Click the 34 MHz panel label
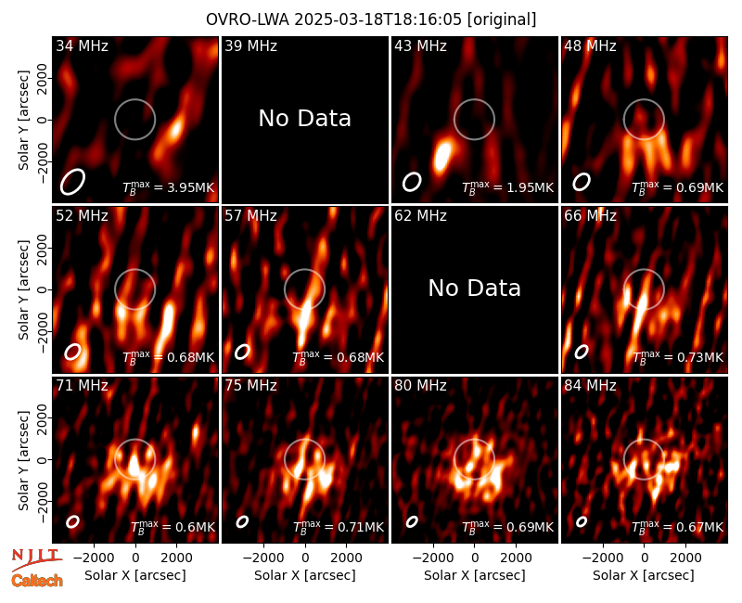[82, 45]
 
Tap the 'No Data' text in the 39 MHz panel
[305, 118]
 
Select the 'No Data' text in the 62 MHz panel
[475, 288]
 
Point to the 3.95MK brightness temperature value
[185, 187]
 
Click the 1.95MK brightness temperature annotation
[524, 187]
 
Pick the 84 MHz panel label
[590, 386]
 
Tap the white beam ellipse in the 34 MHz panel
[72, 182]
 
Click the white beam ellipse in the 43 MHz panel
[412, 182]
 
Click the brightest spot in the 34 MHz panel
[175, 128]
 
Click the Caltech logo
[37, 581]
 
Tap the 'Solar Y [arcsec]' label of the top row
[23, 121]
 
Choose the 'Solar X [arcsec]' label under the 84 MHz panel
[644, 575]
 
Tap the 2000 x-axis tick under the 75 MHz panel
[346, 558]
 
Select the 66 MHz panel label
[590, 216]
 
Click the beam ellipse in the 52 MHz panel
[73, 352]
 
